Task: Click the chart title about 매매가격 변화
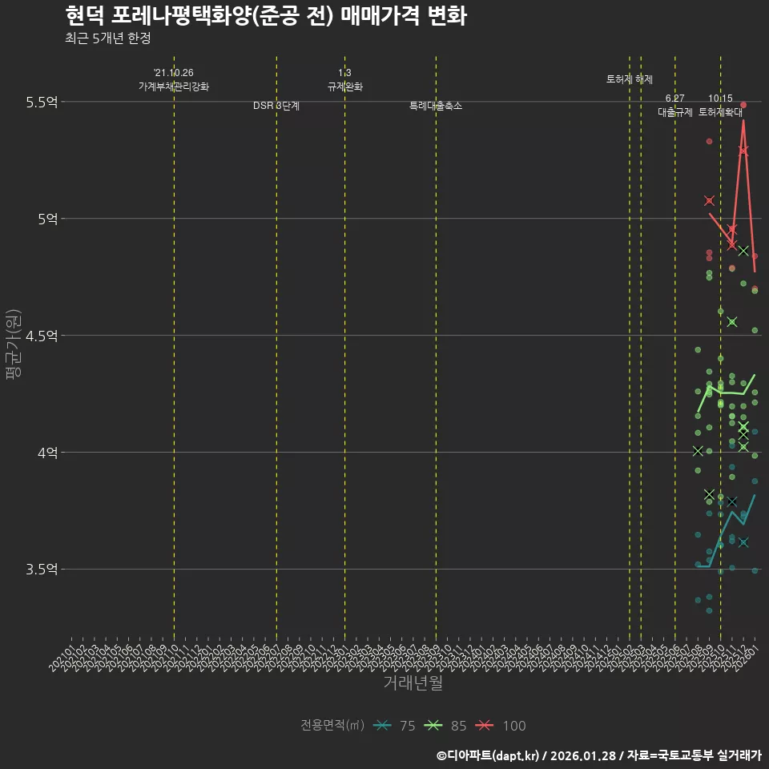(264, 16)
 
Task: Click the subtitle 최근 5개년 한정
(107, 38)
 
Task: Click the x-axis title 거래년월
(413, 683)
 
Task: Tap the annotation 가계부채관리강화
(174, 87)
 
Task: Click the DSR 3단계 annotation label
(276, 106)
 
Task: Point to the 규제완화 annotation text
(345, 87)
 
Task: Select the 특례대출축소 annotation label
(436, 106)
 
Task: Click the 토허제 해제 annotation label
(630, 79)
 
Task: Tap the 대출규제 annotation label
(674, 112)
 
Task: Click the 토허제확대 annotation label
(721, 112)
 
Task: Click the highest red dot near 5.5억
(743, 105)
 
